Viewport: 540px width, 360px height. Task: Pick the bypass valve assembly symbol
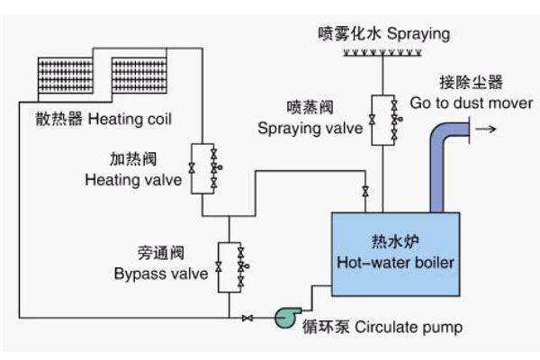(231, 267)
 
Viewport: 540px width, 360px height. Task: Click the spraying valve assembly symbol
(384, 118)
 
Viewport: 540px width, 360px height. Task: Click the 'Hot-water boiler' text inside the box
(396, 263)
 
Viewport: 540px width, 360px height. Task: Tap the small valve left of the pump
(248, 317)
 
